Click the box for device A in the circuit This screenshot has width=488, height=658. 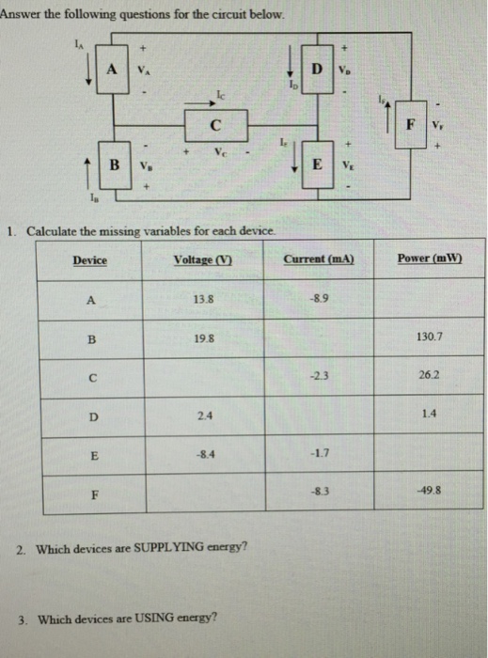(x=113, y=68)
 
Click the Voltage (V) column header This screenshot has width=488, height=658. (x=203, y=259)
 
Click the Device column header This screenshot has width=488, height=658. (x=89, y=260)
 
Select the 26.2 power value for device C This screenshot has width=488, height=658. (x=428, y=372)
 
